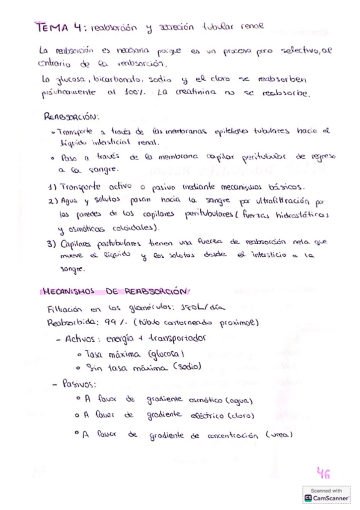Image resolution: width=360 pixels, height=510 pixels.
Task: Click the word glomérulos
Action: coord(147,308)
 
